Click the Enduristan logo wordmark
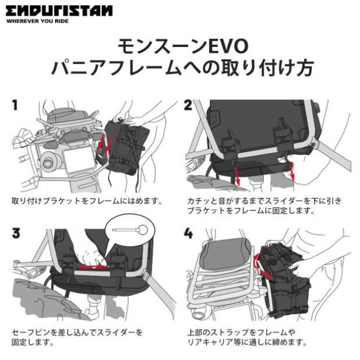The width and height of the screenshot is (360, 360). tap(59, 11)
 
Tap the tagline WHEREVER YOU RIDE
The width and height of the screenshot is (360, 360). tap(38, 21)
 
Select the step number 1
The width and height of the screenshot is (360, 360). tap(15, 105)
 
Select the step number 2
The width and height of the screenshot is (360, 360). tap(188, 105)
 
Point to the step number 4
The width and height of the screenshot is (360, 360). tap(188, 233)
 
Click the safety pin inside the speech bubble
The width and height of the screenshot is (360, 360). tap(130, 229)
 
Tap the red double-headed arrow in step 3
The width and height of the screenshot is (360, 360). tap(91, 267)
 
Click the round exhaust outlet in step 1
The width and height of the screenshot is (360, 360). tap(48, 163)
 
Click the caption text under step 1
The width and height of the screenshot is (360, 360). tap(87, 201)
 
